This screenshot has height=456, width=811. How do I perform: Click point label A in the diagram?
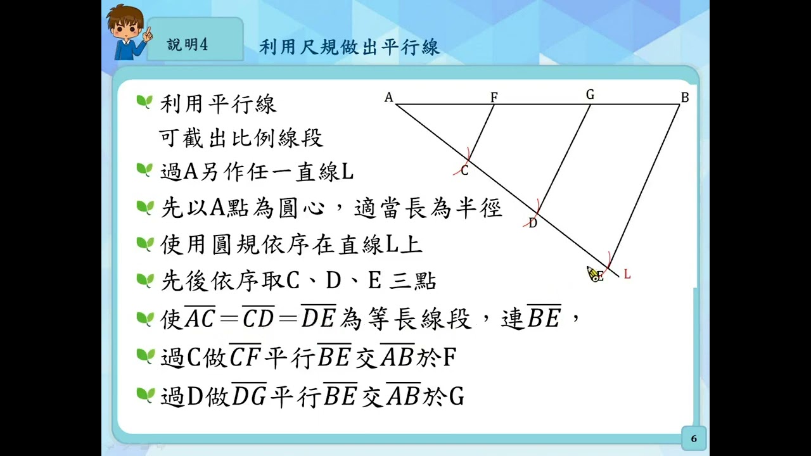pos(388,98)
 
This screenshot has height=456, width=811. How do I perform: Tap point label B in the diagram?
pos(685,98)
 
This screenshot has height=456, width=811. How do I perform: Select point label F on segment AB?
pos(494,97)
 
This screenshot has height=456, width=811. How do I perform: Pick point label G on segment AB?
pos(590,94)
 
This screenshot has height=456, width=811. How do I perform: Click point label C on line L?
pos(464,170)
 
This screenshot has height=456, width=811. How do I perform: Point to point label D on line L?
pos(533,224)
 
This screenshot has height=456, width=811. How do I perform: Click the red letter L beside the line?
pos(627,274)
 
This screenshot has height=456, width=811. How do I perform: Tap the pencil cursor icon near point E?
pos(592,274)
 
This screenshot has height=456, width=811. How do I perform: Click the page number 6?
pos(694,439)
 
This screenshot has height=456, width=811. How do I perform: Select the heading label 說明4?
pos(187,45)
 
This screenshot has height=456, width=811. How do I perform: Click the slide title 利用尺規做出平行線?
pos(349,47)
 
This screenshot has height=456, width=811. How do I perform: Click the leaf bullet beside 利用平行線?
pos(144,102)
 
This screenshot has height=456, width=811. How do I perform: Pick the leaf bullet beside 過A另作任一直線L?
pos(144,170)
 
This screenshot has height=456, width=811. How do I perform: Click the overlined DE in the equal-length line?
pos(319,316)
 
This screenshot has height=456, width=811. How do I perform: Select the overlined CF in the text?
pos(245,355)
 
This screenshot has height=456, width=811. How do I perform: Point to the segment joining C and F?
pos(481,133)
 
